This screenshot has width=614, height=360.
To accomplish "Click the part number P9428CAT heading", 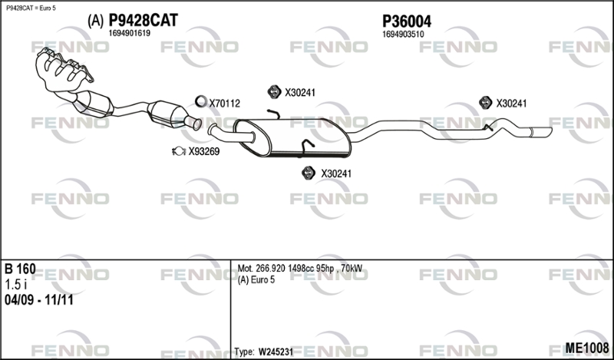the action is click(143, 21).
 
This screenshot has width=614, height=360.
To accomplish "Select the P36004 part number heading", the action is click(407, 21).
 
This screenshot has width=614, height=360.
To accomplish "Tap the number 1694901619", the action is click(129, 34).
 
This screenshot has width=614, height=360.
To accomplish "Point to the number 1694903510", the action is click(403, 35).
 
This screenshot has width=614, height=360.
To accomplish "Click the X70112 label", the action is click(224, 104).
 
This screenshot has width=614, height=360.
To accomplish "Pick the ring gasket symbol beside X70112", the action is click(200, 101).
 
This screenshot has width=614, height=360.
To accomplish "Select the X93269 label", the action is click(204, 152).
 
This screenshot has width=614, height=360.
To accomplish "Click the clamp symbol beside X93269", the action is click(179, 150).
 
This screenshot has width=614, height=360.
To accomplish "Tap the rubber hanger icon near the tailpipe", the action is click(486, 103).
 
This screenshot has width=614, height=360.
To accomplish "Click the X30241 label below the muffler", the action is click(336, 173).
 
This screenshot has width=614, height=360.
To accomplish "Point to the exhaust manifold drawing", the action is click(64, 70).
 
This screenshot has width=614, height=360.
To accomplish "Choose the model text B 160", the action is click(20, 269).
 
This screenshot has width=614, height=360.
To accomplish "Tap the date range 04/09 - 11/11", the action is click(39, 300).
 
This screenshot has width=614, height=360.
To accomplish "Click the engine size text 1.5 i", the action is click(15, 285).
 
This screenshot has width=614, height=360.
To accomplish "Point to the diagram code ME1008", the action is click(587, 348).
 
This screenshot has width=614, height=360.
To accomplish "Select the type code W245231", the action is click(276, 352).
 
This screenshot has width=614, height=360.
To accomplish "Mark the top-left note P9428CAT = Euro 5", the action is click(31, 8).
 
